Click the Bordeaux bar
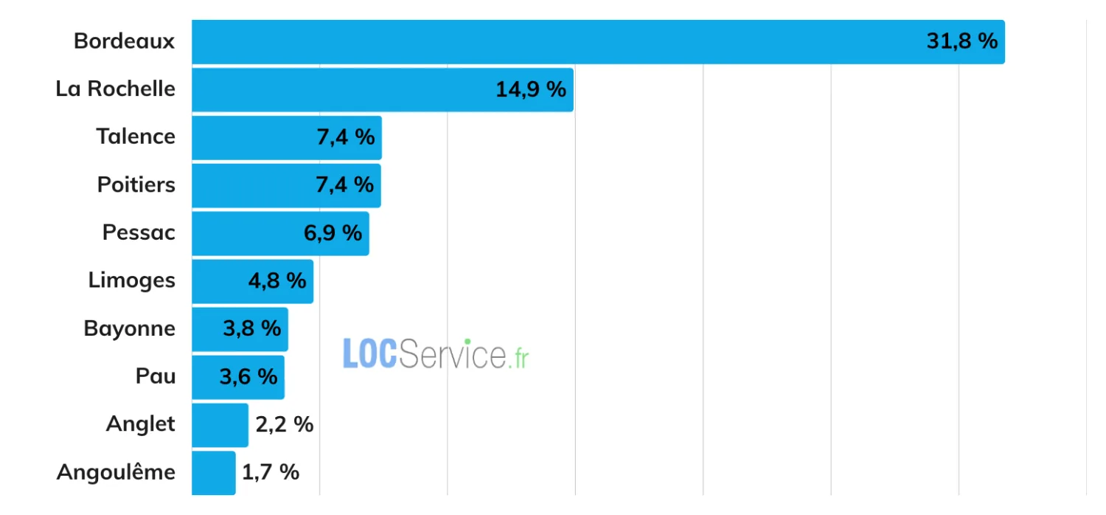tap(598, 42)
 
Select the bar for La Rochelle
tap(383, 90)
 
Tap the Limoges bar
tap(253, 281)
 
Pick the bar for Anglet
tap(220, 425)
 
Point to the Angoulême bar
tap(214, 473)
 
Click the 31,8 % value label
tap(961, 41)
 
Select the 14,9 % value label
tap(531, 89)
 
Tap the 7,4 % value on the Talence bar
tap(346, 137)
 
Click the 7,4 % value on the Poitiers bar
tap(344, 185)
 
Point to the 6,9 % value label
tap(333, 233)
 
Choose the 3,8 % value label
tap(252, 328)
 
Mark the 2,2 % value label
tap(285, 424)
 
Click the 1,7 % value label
tap(271, 472)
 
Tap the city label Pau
tap(156, 376)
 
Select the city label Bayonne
tap(129, 328)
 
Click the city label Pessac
tap(139, 233)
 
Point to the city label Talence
tap(136, 136)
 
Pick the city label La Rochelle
tap(116, 89)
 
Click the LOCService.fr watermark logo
tap(436, 354)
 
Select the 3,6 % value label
tap(248, 377)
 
